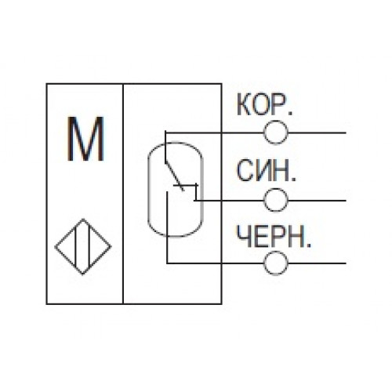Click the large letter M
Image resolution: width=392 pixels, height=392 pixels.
[x=85, y=139]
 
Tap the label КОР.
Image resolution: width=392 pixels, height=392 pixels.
[x=264, y=104]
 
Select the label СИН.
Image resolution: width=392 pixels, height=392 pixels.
[x=267, y=170]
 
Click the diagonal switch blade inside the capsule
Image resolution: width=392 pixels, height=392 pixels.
[x=174, y=176]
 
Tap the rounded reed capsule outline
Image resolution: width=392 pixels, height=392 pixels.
[x=148, y=190]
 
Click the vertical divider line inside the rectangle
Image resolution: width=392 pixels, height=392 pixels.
[x=123, y=194]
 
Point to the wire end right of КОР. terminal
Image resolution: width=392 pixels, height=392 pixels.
[x=346, y=132]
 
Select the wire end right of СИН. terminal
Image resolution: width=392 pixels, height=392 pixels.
[x=346, y=201]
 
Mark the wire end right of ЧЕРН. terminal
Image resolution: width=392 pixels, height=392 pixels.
[x=346, y=263]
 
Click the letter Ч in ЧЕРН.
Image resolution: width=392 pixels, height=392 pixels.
[x=245, y=236]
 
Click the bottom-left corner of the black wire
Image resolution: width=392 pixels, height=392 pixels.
[x=167, y=263]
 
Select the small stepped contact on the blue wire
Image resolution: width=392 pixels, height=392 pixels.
[x=194, y=193]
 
